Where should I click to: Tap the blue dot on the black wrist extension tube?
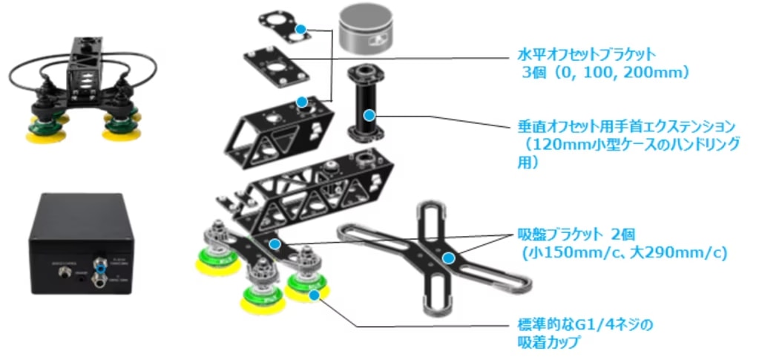369,115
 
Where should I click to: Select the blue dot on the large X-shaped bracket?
447,258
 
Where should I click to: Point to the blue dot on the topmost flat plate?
300,29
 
